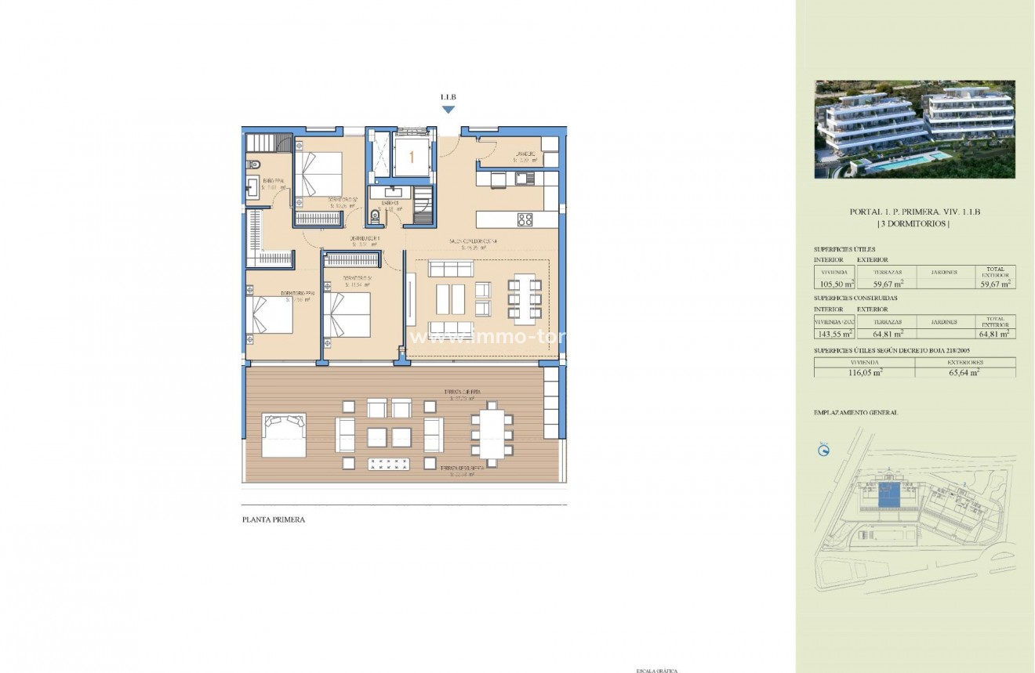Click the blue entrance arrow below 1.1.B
(448, 110)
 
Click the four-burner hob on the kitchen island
(525, 219)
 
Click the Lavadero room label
(525, 155)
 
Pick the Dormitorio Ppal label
(297, 295)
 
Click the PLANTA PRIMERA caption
(273, 519)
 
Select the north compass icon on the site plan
(823, 450)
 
